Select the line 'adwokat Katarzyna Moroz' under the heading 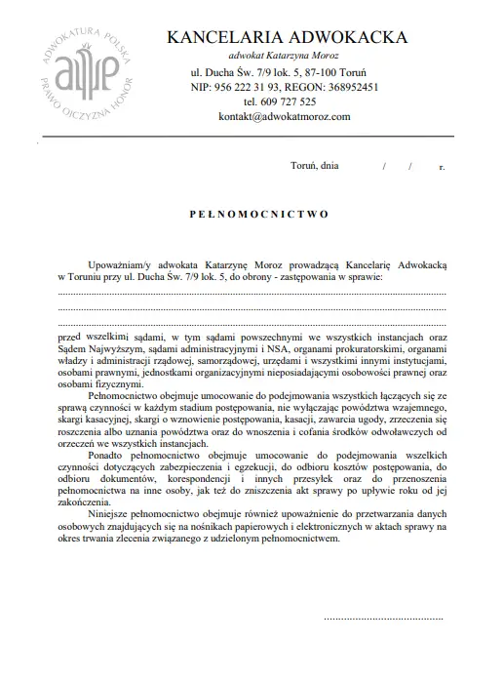[283, 57]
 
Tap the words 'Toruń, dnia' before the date [315, 167]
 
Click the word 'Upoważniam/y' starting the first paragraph [118, 263]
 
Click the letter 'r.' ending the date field [442, 168]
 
